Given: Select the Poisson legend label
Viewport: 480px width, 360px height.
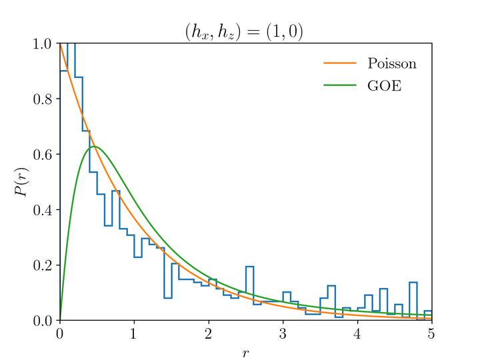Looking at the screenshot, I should pos(392,64).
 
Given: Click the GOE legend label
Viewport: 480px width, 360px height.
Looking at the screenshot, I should pos(385,86).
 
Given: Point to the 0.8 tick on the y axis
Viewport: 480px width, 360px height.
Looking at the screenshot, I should pos(45,99).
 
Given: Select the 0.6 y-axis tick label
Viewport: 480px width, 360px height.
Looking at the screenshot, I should pos(45,155).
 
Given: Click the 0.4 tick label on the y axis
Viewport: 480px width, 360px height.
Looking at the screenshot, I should pos(45,210).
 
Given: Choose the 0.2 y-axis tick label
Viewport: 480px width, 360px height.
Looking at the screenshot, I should pos(45,265).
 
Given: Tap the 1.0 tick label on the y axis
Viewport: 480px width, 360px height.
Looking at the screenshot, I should pos(45,44).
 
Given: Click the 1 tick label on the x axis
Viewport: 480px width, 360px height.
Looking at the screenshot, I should pos(134,333).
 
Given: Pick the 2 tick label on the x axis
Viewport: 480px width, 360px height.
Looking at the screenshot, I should pos(209,333).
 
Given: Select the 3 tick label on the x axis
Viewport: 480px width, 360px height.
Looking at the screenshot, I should pos(283,333).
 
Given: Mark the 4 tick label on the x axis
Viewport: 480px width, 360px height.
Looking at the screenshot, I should pos(357,333).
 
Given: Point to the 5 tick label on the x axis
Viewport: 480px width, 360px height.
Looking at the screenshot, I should pos(431,333).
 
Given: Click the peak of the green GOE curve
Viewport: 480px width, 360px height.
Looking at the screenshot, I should pos(95,146).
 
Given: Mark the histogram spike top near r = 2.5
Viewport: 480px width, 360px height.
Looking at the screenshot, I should pos(249,267).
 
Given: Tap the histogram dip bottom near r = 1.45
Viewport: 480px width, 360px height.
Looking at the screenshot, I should pos(168,298).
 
